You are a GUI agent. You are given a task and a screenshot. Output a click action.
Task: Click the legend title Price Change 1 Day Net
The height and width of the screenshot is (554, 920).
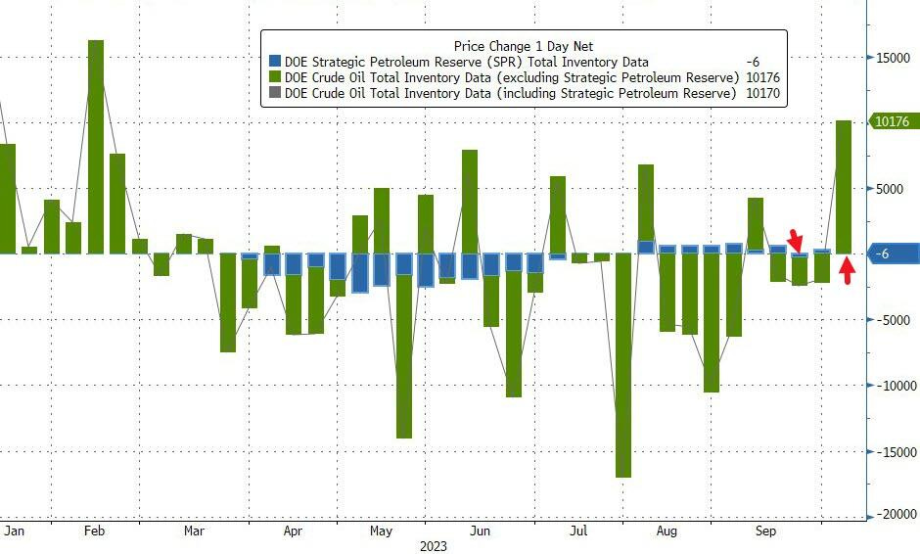[x=523, y=46]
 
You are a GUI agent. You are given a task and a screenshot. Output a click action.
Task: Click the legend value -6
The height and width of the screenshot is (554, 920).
[x=752, y=62]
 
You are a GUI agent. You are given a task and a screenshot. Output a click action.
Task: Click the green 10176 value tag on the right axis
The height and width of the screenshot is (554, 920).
[x=892, y=122]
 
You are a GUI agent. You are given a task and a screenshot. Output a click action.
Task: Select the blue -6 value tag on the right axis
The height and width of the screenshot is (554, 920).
[x=892, y=254]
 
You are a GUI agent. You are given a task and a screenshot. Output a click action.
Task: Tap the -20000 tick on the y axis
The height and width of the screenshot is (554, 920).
[x=895, y=515]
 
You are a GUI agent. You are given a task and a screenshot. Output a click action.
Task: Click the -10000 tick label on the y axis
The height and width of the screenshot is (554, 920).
[x=895, y=385]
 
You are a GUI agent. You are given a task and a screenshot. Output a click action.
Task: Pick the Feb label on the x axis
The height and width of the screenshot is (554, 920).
[x=94, y=531]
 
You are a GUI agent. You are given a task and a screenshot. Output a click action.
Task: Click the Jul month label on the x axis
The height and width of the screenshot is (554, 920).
[x=578, y=531]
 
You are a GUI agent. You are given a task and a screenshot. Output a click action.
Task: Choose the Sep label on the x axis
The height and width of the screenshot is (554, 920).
[x=766, y=531]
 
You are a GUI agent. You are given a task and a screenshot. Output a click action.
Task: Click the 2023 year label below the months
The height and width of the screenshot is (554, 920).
[x=433, y=546]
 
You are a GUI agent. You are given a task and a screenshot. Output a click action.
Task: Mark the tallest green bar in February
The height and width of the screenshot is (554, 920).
[x=96, y=147]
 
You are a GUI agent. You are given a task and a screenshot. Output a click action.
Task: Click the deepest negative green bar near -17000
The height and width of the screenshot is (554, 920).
[x=623, y=365]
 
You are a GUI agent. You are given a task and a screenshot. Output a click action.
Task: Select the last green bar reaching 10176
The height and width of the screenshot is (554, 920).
[x=844, y=186]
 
